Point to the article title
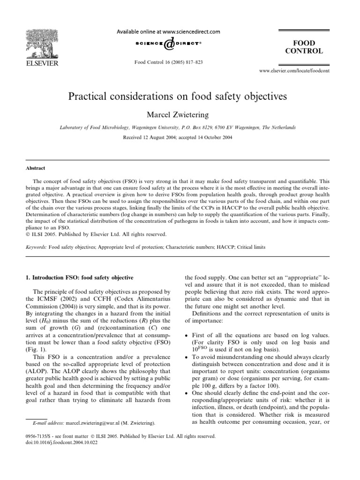(x=180, y=97)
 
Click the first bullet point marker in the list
(x=187, y=337)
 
